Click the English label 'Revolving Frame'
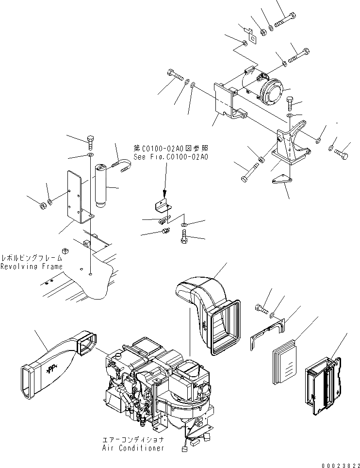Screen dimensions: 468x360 (32, 267)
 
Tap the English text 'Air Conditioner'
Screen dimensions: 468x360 (133, 448)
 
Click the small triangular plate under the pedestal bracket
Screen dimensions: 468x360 (280, 180)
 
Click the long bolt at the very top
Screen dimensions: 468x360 (285, 21)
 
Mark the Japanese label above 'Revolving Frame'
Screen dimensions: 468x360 (32, 258)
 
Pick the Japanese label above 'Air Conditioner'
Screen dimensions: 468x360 (133, 440)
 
